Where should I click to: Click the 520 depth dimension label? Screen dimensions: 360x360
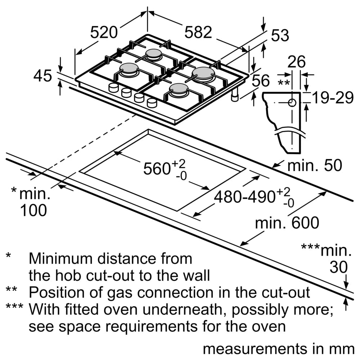[x=104, y=33]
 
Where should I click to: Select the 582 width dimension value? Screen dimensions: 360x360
[x=198, y=33]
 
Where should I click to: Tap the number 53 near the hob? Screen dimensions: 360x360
[x=280, y=35]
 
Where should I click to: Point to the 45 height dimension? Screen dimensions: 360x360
[x=43, y=76]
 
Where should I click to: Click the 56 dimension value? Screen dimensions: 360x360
[x=260, y=81]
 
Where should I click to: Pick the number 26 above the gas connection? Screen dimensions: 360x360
[x=296, y=62]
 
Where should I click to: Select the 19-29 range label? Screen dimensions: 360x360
[x=332, y=98]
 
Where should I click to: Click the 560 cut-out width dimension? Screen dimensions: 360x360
[x=157, y=168]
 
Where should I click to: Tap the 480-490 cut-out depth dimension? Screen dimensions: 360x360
[x=245, y=197]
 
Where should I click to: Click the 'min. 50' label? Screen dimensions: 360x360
[x=314, y=165]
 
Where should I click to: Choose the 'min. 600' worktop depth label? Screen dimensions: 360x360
[x=287, y=223]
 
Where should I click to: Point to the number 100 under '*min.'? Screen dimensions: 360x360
[x=33, y=211]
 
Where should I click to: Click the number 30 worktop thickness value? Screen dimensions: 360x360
[x=339, y=267]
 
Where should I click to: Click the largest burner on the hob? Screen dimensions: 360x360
[x=203, y=72]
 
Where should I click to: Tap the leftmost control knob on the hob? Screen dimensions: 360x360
[x=114, y=87]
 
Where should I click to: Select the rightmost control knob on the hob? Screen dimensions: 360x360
[x=152, y=103]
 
